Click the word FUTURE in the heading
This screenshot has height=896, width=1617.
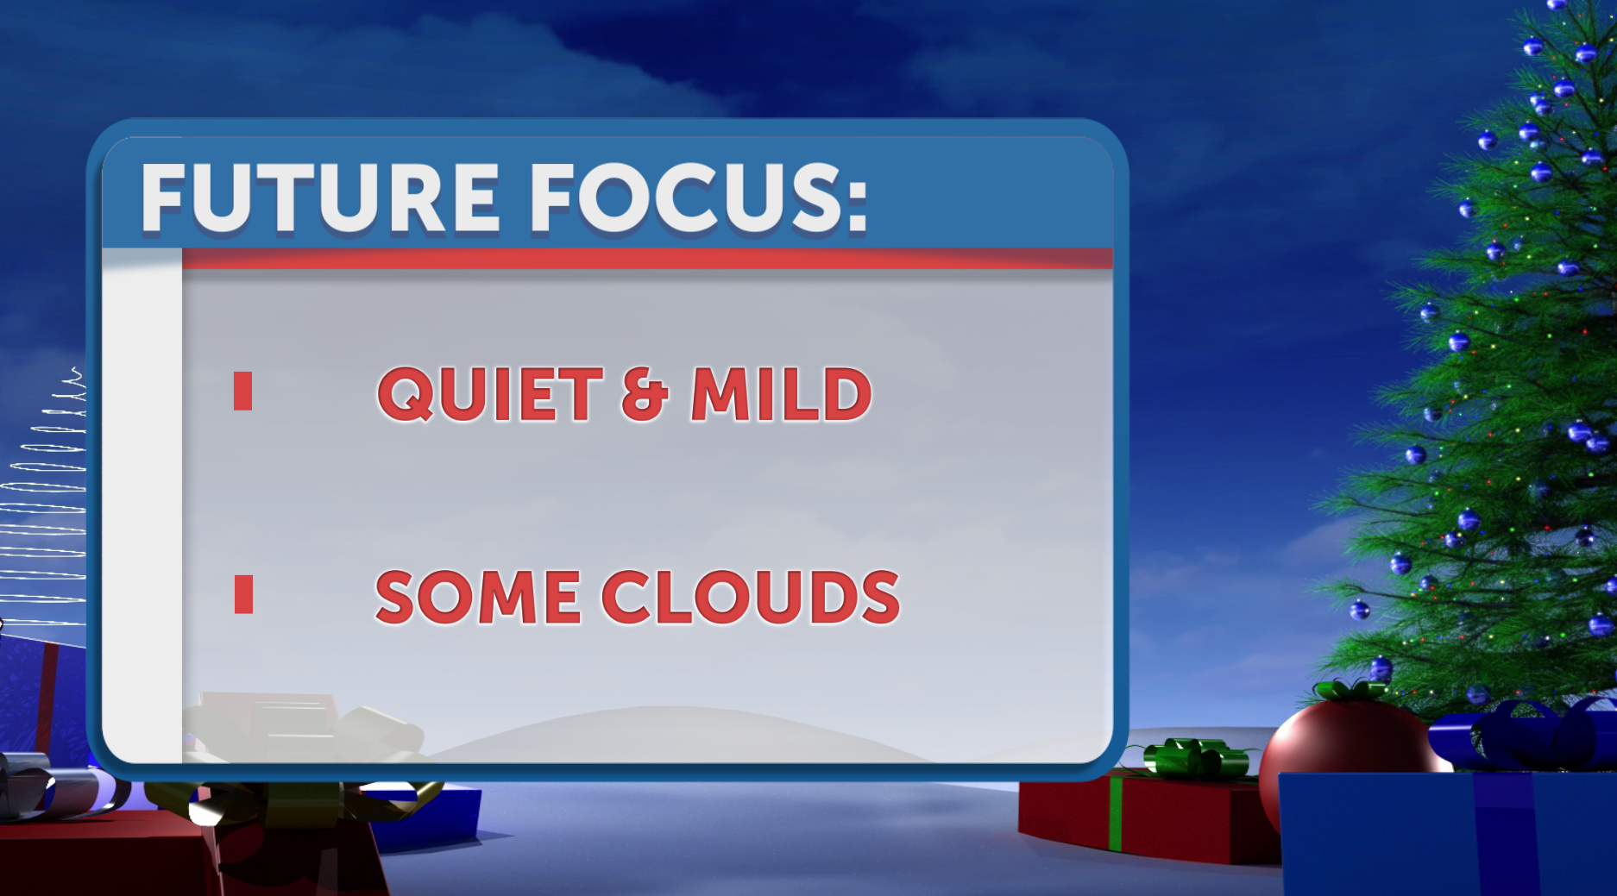tap(319, 198)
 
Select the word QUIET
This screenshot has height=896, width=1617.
tap(489, 394)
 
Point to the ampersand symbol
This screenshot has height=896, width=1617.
tap(645, 395)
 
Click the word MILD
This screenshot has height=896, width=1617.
tap(781, 394)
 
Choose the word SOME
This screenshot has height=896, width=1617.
tap(477, 597)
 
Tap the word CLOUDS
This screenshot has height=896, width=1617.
tap(750, 597)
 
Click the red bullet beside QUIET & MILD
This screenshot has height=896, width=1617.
tap(242, 391)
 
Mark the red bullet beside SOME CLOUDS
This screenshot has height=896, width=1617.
tap(243, 594)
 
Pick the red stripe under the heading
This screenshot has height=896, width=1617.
tap(647, 258)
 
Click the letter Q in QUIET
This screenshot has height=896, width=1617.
tap(406, 395)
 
